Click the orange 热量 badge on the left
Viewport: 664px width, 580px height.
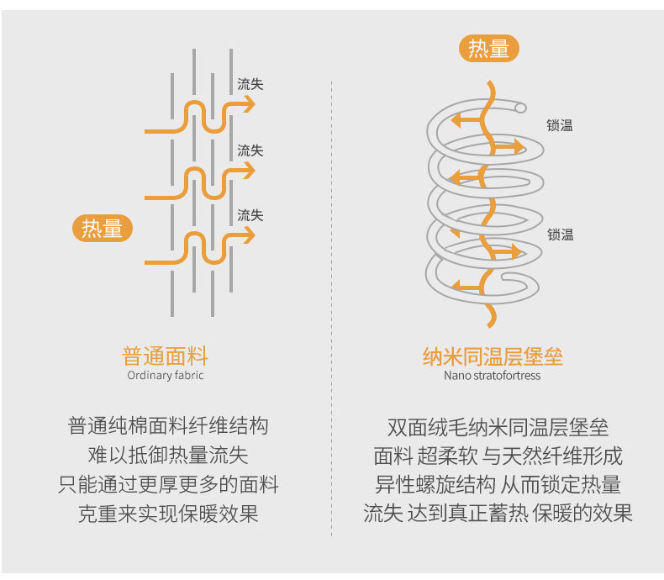(x=103, y=228)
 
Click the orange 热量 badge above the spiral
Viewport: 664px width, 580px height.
(x=488, y=49)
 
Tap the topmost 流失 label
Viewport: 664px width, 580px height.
(x=250, y=84)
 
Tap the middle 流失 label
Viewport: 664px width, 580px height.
(x=250, y=150)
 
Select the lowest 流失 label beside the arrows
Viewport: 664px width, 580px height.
(x=250, y=215)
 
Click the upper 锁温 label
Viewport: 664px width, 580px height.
(x=559, y=125)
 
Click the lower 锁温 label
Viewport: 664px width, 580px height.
(x=560, y=235)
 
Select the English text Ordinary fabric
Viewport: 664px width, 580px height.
(x=166, y=376)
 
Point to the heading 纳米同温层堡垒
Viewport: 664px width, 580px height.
(x=493, y=356)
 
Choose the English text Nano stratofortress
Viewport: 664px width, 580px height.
(x=493, y=376)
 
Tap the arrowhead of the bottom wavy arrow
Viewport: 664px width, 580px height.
(x=249, y=235)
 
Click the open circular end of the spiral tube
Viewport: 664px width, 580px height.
(x=520, y=108)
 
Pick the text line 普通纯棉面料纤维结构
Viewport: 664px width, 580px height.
(x=168, y=426)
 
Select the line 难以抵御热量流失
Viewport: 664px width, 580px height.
(x=168, y=456)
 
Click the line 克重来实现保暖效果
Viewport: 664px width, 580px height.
(x=168, y=514)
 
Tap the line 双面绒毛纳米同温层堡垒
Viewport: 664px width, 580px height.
(x=498, y=427)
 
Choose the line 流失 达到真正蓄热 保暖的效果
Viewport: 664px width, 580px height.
(x=498, y=514)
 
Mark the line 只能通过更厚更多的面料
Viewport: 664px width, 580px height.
(x=168, y=485)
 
